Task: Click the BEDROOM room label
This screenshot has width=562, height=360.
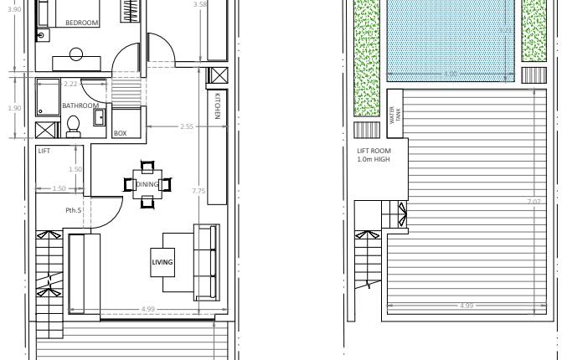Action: [x=81, y=23]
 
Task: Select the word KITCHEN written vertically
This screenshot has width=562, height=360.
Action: [x=216, y=105]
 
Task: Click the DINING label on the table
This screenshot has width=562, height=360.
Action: [x=147, y=184]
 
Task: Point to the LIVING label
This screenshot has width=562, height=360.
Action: [x=162, y=262]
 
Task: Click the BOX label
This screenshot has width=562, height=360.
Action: [x=120, y=133]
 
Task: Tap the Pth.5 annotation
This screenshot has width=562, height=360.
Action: [x=74, y=209]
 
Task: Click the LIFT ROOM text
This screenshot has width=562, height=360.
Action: [x=374, y=152]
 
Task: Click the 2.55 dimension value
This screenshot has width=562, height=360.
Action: [x=186, y=126]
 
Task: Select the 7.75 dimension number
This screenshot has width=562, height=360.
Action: [x=199, y=191]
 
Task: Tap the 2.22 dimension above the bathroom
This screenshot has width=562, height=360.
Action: [x=70, y=84]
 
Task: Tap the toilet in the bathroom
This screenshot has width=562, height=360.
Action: [x=72, y=126]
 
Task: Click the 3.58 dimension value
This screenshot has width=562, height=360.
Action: [x=199, y=4]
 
